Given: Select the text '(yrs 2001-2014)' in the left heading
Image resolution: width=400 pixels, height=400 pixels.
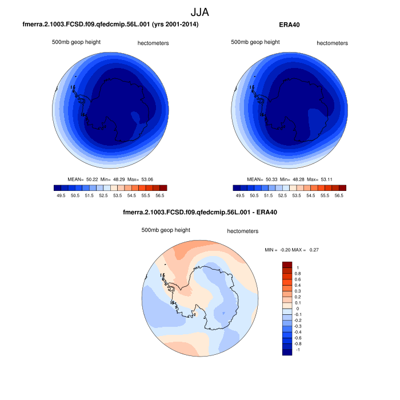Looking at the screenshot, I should click(174, 25).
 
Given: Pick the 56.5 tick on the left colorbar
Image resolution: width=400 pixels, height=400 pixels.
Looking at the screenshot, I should click(159, 195).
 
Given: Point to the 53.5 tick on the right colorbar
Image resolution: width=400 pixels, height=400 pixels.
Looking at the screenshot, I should click(297, 195).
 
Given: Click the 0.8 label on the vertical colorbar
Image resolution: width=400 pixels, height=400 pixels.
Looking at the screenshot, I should click(297, 273).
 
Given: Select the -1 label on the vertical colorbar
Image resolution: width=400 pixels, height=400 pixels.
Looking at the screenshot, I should click(297, 350).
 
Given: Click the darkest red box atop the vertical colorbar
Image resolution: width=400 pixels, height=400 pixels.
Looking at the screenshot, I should click(287, 265).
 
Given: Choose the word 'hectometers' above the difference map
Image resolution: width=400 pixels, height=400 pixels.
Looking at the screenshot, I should click(243, 231).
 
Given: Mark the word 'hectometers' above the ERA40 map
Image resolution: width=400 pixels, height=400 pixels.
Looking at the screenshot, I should click(332, 43).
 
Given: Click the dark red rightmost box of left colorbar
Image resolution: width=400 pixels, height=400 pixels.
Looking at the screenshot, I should click(163, 187).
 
